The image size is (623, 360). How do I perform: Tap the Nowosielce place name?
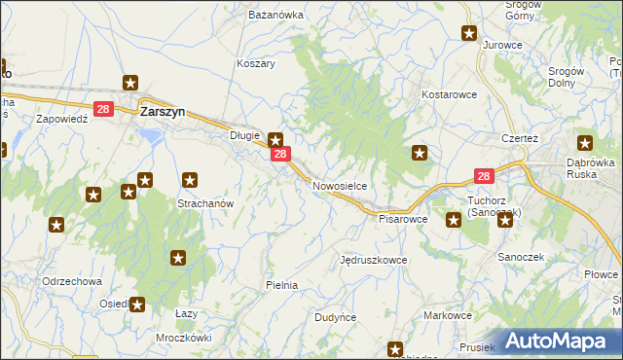pyautogui.click(x=339, y=185)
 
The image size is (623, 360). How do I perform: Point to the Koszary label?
pyautogui.click(x=256, y=63)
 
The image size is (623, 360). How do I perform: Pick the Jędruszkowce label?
pyautogui.click(x=373, y=261)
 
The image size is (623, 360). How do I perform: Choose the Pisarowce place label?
pyautogui.click(x=403, y=220)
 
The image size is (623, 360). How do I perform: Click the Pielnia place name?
pyautogui.click(x=281, y=285)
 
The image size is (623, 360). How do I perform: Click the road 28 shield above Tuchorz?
pyautogui.click(x=484, y=176)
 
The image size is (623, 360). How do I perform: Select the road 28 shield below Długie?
pyautogui.click(x=279, y=155)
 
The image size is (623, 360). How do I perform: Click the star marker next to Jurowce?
pyautogui.click(x=469, y=34)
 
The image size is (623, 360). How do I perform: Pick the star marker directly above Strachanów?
pyautogui.click(x=191, y=180)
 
